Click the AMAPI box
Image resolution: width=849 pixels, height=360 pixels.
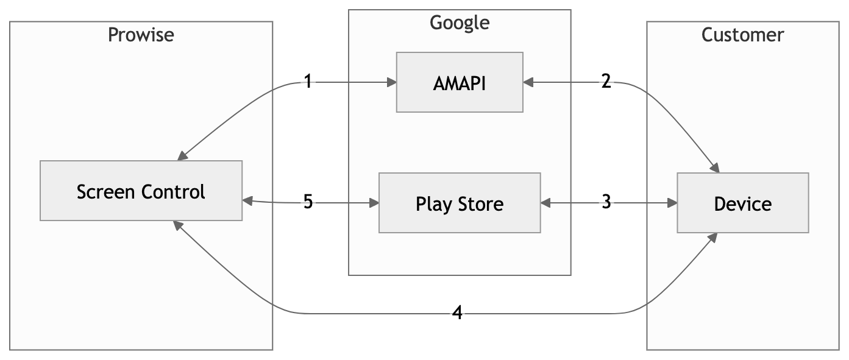pyautogui.click(x=460, y=82)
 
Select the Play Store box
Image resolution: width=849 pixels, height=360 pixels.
pyautogui.click(x=460, y=203)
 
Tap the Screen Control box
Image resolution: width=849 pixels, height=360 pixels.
pyautogui.click(x=141, y=191)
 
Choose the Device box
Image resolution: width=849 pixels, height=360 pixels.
pyautogui.click(x=742, y=203)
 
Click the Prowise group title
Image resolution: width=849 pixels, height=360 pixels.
pyautogui.click(x=141, y=35)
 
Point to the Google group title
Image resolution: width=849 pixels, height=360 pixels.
pyautogui.click(x=460, y=23)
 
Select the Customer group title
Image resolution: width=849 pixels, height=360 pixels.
pyautogui.click(x=742, y=35)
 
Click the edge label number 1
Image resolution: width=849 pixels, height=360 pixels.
pyautogui.click(x=308, y=82)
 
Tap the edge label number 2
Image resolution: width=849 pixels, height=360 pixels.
pyautogui.click(x=606, y=82)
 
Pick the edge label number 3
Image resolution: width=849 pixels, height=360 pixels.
pyautogui.click(x=606, y=202)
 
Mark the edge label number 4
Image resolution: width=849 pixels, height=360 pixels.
pyautogui.click(x=458, y=313)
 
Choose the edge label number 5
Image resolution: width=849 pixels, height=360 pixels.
pyautogui.click(x=308, y=202)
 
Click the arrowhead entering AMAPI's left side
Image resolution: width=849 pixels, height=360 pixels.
pyautogui.click(x=391, y=82)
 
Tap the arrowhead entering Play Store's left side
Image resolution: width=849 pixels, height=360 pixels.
pyautogui.click(x=374, y=203)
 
